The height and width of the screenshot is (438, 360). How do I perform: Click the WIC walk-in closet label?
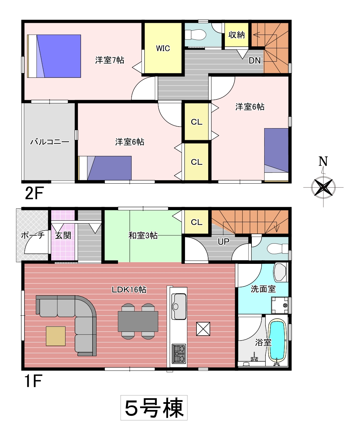[163, 48]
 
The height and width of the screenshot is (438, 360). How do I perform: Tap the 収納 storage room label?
[237, 35]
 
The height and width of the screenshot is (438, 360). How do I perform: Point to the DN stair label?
[254, 60]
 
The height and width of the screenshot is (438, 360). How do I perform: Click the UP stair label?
[223, 241]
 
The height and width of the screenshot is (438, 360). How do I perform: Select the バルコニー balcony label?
[50, 142]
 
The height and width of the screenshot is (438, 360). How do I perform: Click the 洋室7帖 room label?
[109, 60]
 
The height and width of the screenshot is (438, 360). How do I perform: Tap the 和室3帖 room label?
[143, 236]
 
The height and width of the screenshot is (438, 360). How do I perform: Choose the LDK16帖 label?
[129, 290]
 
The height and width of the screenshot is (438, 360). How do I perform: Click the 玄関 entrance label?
[63, 236]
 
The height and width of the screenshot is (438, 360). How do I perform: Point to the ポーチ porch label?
[33, 235]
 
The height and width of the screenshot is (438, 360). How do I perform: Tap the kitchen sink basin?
[179, 306]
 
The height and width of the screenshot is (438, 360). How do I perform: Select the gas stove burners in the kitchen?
[179, 354]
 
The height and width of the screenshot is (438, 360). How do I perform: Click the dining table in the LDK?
[138, 321]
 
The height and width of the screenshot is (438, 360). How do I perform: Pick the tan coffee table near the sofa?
[56, 336]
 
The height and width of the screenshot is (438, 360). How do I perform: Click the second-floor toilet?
[195, 35]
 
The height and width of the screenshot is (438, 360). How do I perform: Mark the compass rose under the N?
[323, 187]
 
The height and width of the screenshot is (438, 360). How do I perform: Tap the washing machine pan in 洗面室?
[280, 305]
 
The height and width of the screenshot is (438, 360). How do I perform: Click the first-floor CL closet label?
[196, 222]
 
